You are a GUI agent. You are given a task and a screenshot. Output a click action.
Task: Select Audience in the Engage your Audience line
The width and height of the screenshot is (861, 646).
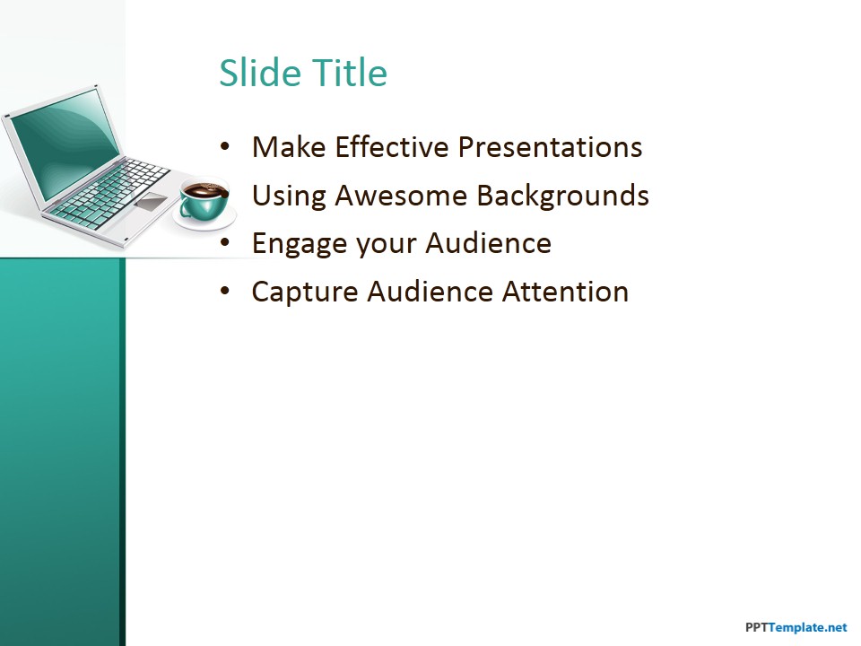coord(488,244)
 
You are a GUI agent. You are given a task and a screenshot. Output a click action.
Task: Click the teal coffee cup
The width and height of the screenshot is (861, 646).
coord(203,202)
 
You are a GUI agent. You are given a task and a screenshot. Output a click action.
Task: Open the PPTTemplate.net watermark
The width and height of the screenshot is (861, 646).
coord(796,628)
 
